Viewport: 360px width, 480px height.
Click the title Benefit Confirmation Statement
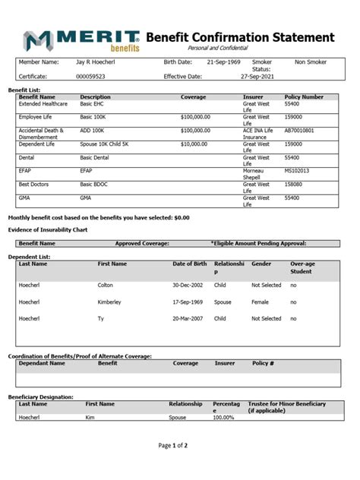coord(239,37)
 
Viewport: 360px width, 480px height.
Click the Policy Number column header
coord(304,97)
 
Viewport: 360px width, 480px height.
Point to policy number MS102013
coord(297,171)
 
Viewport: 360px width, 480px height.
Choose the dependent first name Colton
coord(106,285)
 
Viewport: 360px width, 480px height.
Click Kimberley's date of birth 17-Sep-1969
coord(189,302)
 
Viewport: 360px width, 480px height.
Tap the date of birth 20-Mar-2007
coord(189,319)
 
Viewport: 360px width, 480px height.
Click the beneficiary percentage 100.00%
coord(223,417)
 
